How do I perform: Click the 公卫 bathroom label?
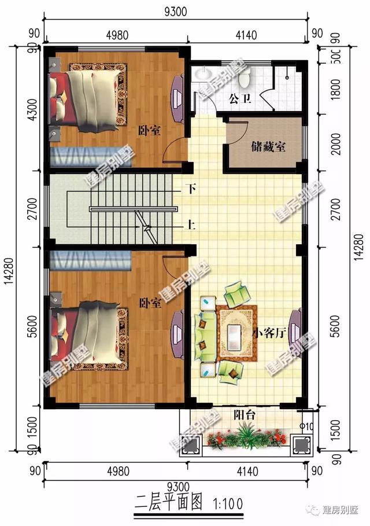[240, 99]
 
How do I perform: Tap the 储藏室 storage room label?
[268, 146]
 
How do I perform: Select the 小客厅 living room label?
[271, 333]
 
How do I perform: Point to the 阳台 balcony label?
[246, 415]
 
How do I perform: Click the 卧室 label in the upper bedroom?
[149, 130]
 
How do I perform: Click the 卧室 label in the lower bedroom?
[150, 303]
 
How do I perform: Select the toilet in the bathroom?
[245, 76]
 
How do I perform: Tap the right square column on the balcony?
[300, 444]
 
